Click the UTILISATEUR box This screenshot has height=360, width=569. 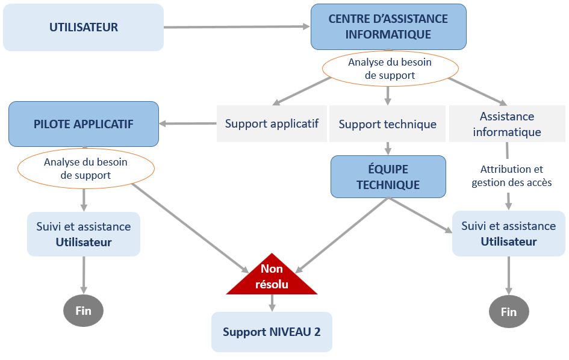pyautogui.click(x=83, y=27)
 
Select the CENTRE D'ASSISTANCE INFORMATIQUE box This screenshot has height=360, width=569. pyautogui.click(x=388, y=26)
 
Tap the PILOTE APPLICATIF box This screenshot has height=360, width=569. pyautogui.click(x=84, y=124)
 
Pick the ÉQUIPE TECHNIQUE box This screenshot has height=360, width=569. pyautogui.click(x=388, y=176)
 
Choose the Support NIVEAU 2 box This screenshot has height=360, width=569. pyautogui.click(x=272, y=332)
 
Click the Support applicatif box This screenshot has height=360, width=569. pyautogui.click(x=272, y=123)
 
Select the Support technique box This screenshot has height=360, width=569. pyautogui.click(x=387, y=124)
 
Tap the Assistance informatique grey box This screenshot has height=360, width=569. pyautogui.click(x=507, y=124)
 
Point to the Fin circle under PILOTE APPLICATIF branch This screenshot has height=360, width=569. pyautogui.click(x=83, y=311)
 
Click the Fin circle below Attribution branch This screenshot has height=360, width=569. pyautogui.click(x=509, y=312)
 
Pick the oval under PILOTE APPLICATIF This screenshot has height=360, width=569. pyautogui.click(x=86, y=169)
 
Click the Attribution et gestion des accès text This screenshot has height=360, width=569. pyautogui.click(x=511, y=176)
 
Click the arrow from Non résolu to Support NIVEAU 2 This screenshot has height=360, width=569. pyautogui.click(x=272, y=303)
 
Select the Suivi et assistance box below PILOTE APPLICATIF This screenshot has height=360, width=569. pyautogui.click(x=84, y=234)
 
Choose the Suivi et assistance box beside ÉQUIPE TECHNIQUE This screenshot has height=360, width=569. pyautogui.click(x=509, y=234)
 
